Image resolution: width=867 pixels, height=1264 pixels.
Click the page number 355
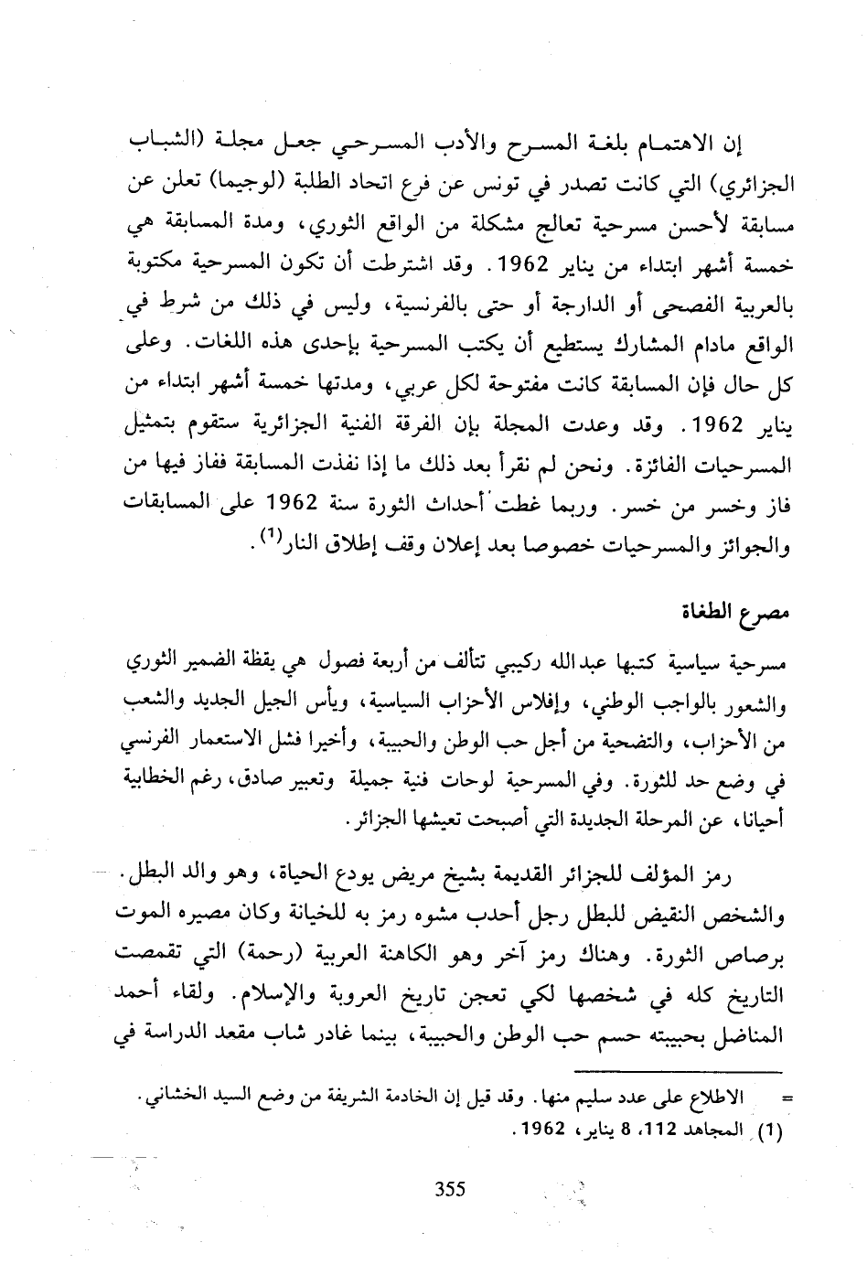click(x=449, y=1189)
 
